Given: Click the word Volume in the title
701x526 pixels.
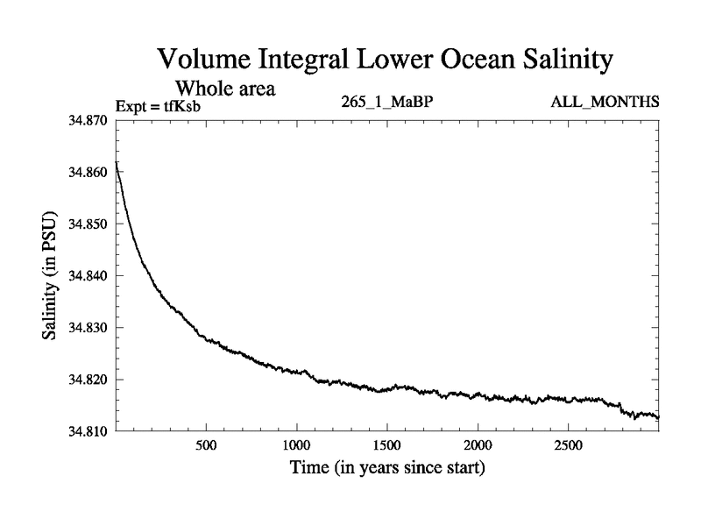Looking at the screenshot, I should [x=204, y=60].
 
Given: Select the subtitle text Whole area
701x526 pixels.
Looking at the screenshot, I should [x=226, y=89].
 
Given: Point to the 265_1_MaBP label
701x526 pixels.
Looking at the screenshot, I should [x=387, y=103].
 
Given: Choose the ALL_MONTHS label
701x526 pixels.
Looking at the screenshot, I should [x=605, y=103].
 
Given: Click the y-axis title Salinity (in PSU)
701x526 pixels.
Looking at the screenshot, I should [x=51, y=275].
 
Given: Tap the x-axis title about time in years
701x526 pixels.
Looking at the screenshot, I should [x=387, y=469].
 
